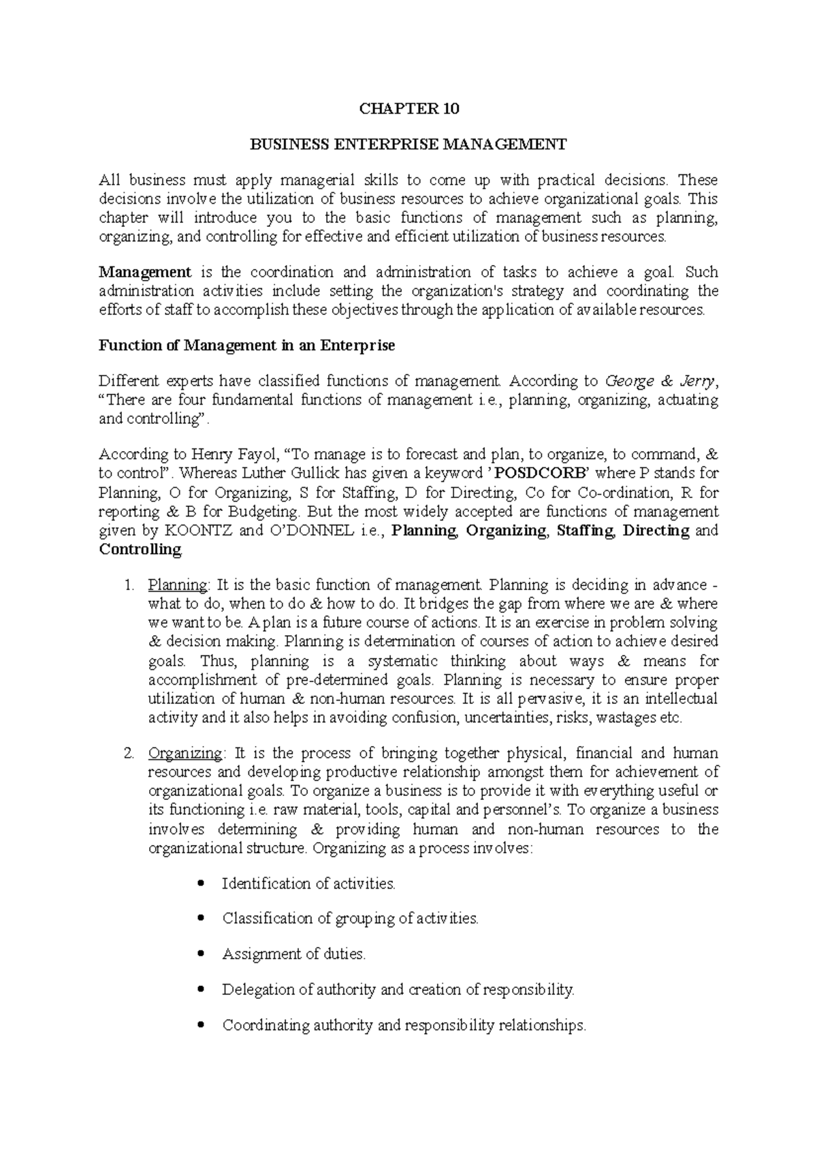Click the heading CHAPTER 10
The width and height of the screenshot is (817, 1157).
(x=409, y=108)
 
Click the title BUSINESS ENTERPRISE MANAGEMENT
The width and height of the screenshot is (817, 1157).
(x=408, y=144)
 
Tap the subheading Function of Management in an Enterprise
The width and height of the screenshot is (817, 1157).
(x=246, y=345)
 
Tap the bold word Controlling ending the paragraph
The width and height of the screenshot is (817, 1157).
(x=140, y=550)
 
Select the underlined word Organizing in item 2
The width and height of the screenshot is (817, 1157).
(x=185, y=754)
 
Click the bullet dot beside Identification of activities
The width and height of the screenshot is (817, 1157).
(x=200, y=884)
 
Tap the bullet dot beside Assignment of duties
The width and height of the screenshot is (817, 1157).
(x=200, y=955)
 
